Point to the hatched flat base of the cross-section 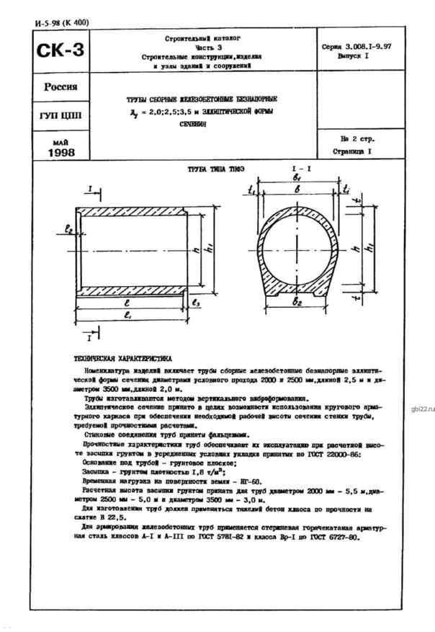[297, 292]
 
